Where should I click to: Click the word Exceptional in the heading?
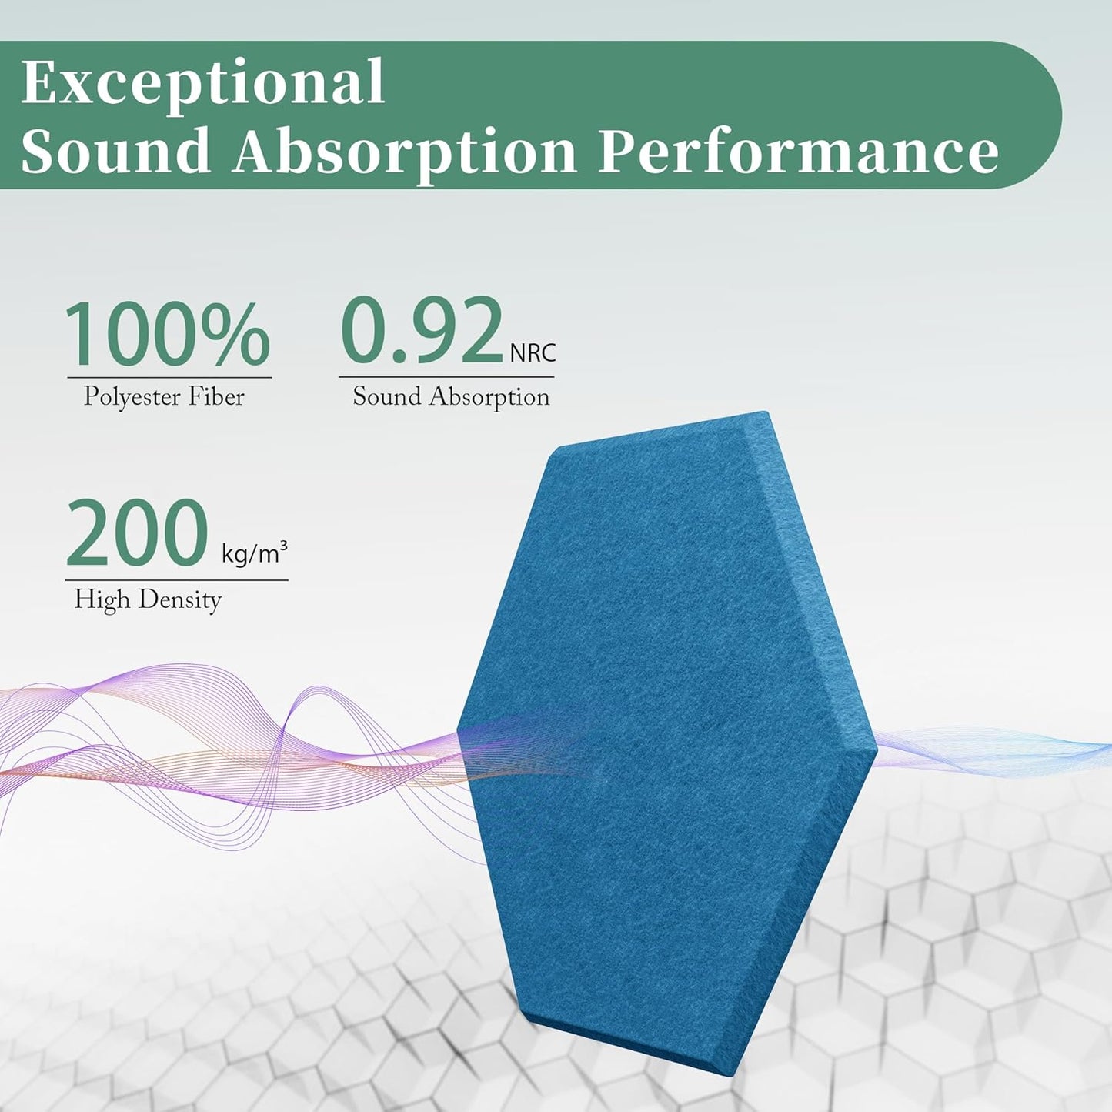pos(203,82)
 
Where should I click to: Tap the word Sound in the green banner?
pos(115,150)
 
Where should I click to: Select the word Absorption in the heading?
pos(405,150)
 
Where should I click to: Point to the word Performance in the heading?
pos(798,150)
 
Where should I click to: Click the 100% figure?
pos(167,335)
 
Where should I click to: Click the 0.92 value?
pos(422,332)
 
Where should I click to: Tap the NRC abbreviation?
pos(533,354)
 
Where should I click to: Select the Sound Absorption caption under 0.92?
pos(451,397)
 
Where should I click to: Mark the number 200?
pos(137,533)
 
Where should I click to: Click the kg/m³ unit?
pos(255,552)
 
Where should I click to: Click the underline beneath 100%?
pos(169,378)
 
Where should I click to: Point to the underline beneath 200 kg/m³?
pos(177,580)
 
